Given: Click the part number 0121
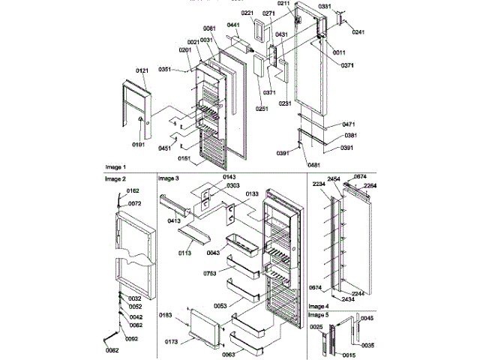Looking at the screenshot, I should pyautogui.click(x=142, y=70).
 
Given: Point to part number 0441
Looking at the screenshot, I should pyautogui.click(x=232, y=25).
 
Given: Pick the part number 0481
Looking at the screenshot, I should pyautogui.click(x=313, y=164).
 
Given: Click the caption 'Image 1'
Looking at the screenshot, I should pyautogui.click(x=115, y=166).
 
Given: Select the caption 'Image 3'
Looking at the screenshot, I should pyautogui.click(x=169, y=178).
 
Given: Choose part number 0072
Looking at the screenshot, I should pyautogui.click(x=134, y=203).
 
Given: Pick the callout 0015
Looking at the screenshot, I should pyautogui.click(x=348, y=354).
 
